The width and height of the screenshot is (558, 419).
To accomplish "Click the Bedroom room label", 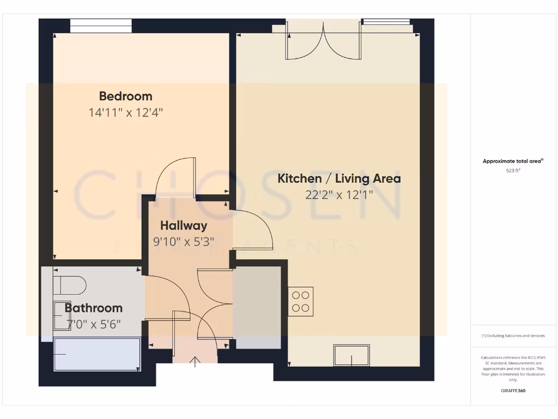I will [x=125, y=97].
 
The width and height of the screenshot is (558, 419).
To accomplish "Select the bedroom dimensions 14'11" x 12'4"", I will [x=125, y=113].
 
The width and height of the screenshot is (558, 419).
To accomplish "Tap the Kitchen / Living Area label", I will [x=339, y=178].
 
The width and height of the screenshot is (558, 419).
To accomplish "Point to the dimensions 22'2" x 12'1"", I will [x=339, y=195].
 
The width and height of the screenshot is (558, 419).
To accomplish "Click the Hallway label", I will [x=184, y=225].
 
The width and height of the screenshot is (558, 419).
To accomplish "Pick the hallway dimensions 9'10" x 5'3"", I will [x=184, y=241].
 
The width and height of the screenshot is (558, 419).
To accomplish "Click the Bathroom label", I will [x=94, y=308].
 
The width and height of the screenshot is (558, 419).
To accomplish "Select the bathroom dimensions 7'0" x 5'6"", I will [x=94, y=324].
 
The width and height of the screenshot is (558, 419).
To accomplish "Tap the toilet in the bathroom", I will [x=70, y=285].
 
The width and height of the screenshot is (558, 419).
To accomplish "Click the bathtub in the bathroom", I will [x=97, y=354].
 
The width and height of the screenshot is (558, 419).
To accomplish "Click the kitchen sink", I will [x=351, y=355].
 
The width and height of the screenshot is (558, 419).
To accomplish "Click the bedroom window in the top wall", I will [x=101, y=26].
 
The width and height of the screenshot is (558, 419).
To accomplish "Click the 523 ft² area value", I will [x=513, y=171].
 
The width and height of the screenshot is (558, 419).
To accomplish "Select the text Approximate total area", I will [x=512, y=161].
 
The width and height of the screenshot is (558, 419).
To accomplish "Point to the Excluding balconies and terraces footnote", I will [x=513, y=336].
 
